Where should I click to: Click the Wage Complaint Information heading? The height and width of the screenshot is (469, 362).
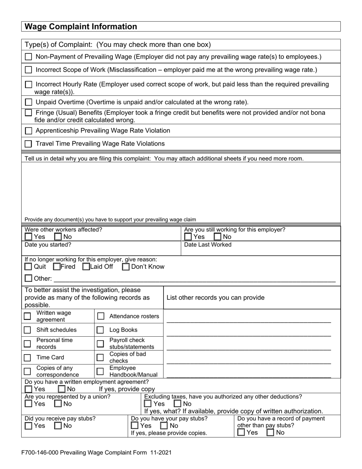[80, 27]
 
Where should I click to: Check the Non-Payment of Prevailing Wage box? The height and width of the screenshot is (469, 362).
[29, 57]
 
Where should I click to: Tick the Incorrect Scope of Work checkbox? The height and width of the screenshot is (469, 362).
[29, 70]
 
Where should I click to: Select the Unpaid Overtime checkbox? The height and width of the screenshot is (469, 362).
[29, 102]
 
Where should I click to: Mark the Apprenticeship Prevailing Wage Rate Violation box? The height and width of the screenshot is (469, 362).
[29, 131]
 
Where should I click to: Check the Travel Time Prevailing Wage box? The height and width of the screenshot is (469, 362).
[29, 144]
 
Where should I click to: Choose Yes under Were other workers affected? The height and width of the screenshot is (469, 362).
[29, 237]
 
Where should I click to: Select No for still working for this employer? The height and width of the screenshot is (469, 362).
[218, 237]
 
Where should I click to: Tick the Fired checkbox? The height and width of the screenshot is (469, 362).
[57, 267]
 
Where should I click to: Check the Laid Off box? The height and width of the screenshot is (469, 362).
[86, 267]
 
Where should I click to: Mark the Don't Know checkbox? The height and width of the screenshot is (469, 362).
[126, 267]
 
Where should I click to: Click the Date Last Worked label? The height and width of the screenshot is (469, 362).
[208, 245]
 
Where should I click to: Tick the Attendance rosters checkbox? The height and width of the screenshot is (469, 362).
[101, 316]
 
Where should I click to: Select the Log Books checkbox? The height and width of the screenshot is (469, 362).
[100, 330]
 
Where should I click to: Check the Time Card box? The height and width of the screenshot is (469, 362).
[27, 358]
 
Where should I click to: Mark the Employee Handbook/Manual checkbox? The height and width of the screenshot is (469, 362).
[100, 371]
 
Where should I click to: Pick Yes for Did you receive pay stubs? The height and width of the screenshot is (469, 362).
[29, 426]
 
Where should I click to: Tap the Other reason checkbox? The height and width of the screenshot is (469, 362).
[29, 278]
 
